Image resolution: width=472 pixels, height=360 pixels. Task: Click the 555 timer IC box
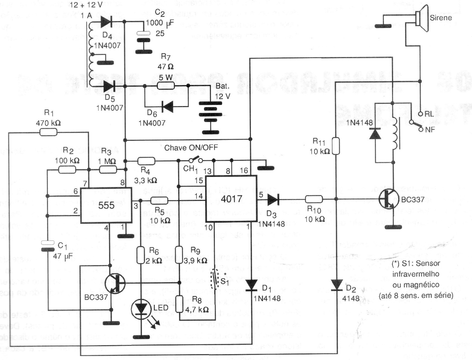[x=106, y=205]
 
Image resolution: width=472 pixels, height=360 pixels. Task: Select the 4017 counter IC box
[x=231, y=199]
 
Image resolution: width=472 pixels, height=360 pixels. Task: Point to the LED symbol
[x=140, y=308]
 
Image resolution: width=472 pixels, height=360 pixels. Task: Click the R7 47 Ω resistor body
[x=166, y=86]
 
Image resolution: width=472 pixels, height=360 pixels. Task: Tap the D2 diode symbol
[x=337, y=285]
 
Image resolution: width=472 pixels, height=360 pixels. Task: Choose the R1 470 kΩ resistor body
[x=48, y=133]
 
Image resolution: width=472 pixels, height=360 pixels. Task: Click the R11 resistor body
[x=336, y=146]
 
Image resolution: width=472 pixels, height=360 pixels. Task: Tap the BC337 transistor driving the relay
[x=388, y=199]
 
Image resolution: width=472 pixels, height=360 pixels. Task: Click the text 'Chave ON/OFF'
[x=191, y=148]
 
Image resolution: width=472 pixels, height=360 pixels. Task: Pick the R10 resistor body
[x=314, y=199]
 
